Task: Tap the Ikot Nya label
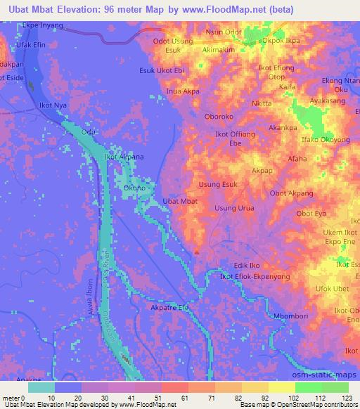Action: point(53,105)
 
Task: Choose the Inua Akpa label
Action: point(182,91)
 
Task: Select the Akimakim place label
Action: point(218,51)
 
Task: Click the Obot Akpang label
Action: point(291,193)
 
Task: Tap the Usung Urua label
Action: point(233,209)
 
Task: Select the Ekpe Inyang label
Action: point(43,25)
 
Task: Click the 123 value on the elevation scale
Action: point(345,398)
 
